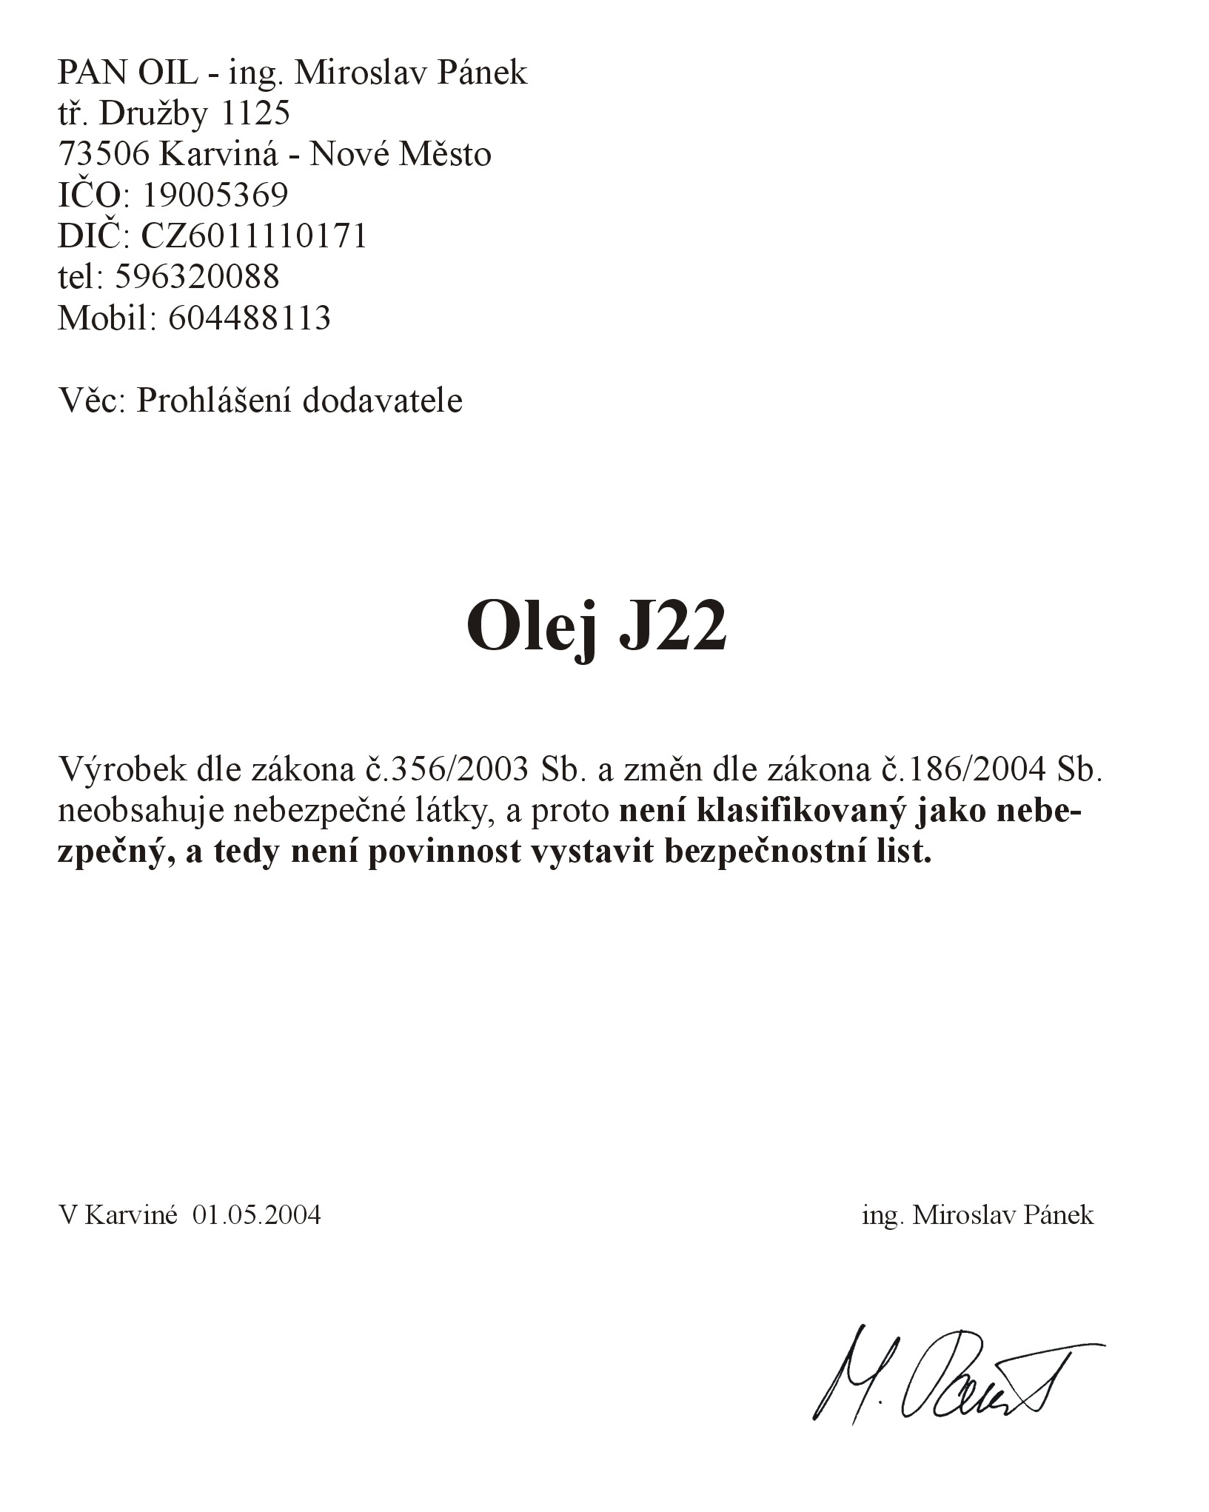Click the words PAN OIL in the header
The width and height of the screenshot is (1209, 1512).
pos(127,73)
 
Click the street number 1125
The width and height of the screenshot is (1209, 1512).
pos(255,113)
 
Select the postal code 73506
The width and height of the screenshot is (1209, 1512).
pos(104,154)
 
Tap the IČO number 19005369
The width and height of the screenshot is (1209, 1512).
pos(215,195)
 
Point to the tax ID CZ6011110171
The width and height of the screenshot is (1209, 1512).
pos(254,235)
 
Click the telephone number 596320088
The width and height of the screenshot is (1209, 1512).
pos(198,276)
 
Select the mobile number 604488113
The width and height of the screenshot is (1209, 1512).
pos(249,317)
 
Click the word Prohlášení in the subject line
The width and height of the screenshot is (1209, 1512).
pos(215,401)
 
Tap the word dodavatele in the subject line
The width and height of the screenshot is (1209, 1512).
pos(382,401)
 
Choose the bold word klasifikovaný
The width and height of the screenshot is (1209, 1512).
pos(803,811)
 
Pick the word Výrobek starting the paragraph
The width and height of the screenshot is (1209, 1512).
pos(122,769)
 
